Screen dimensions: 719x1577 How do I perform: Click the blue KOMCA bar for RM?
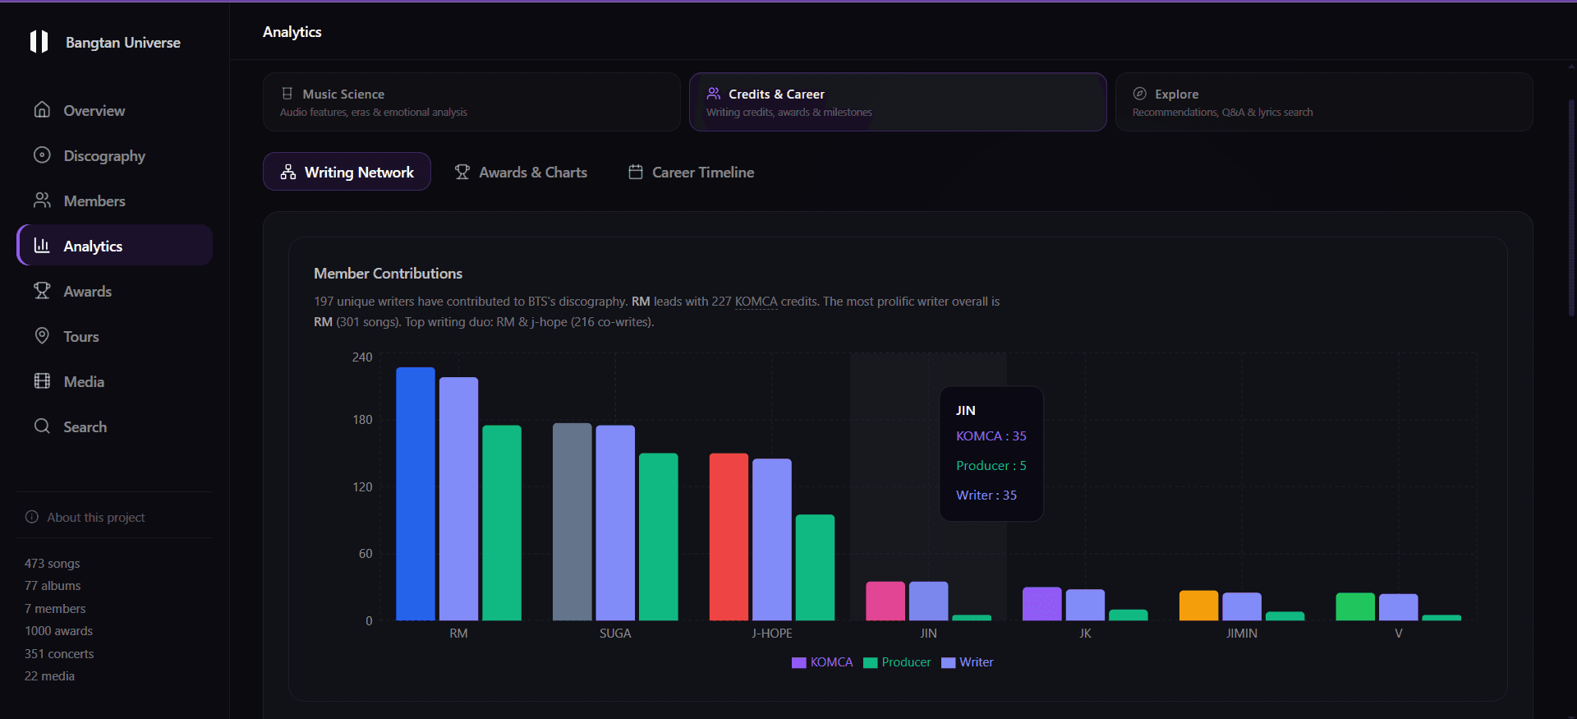point(416,493)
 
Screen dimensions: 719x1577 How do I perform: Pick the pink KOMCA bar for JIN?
point(885,601)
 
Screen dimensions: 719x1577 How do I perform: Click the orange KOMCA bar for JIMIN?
point(1198,606)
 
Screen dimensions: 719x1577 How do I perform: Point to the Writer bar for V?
point(1398,606)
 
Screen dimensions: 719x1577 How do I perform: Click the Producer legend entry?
point(897,662)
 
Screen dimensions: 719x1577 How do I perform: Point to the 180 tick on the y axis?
point(362,420)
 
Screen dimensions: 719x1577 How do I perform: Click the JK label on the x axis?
point(1085,634)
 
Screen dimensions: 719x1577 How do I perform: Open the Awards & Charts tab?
point(522,173)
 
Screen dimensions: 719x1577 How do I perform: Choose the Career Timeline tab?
point(692,173)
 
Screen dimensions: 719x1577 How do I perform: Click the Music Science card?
point(471,102)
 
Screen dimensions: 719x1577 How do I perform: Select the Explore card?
point(1324,102)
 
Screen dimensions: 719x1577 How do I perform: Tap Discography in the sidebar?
point(104,156)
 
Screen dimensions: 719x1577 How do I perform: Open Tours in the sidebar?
point(81,337)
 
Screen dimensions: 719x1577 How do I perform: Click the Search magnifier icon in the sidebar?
point(42,426)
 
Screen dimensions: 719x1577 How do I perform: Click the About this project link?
point(95,518)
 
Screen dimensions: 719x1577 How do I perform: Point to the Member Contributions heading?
point(388,274)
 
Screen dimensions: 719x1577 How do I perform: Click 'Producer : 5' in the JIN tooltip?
point(991,466)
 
